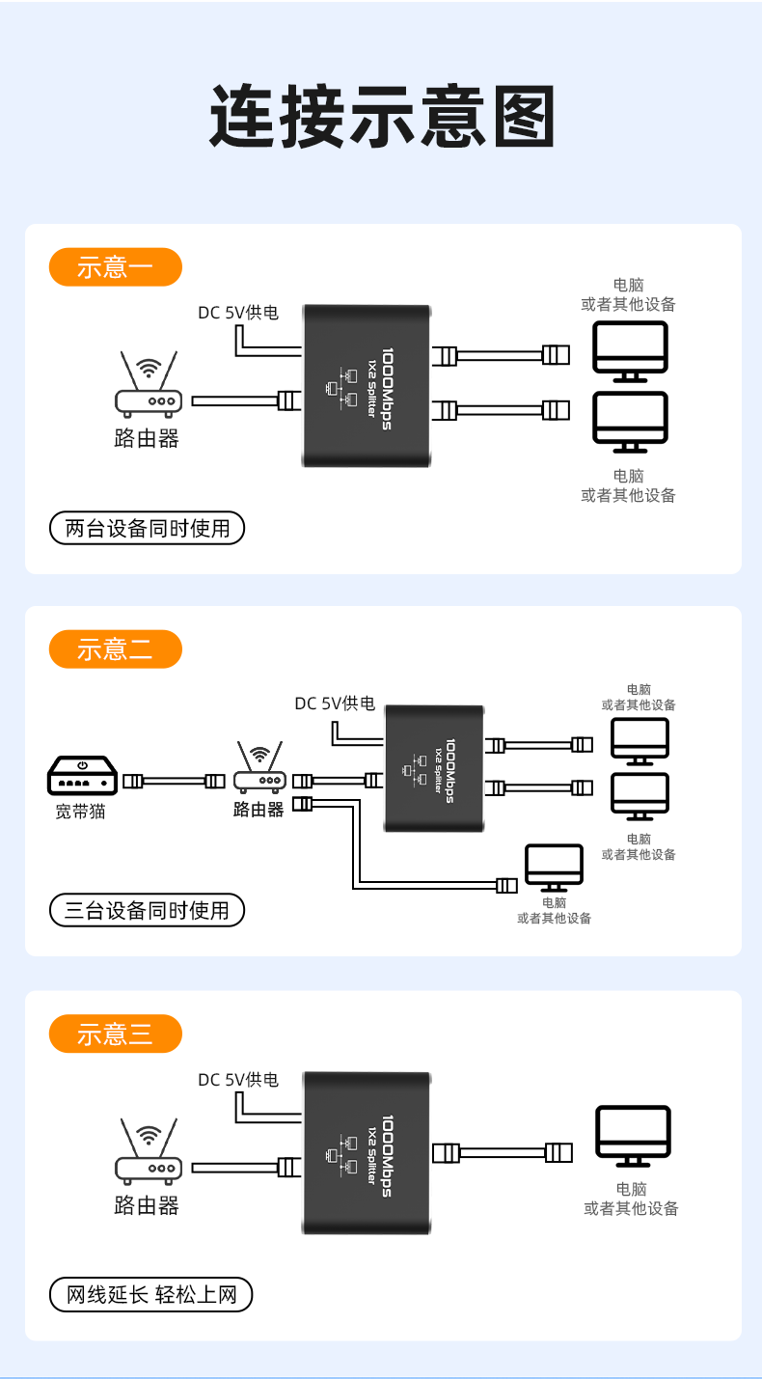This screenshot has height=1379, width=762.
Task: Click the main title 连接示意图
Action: tap(382, 116)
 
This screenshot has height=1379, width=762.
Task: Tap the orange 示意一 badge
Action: tap(116, 267)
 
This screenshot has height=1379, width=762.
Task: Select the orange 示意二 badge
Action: tap(116, 649)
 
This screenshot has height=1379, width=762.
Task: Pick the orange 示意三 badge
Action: tap(116, 1034)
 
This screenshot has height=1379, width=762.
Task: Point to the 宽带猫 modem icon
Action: tap(83, 776)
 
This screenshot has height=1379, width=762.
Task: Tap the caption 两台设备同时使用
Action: tap(147, 528)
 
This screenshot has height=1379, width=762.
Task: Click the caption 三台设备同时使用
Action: tap(147, 910)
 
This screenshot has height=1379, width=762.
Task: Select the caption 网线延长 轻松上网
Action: tap(150, 1294)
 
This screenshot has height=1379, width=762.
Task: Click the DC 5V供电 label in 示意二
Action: tap(335, 703)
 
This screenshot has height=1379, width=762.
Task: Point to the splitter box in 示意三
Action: tap(367, 1153)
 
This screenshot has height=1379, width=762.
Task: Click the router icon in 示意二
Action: tap(259, 768)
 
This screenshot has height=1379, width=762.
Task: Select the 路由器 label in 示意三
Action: tap(147, 1205)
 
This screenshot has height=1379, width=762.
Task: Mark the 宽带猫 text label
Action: tap(80, 812)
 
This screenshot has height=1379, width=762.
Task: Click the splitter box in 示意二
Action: tap(434, 768)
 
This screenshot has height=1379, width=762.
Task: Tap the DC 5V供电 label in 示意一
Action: tap(238, 313)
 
